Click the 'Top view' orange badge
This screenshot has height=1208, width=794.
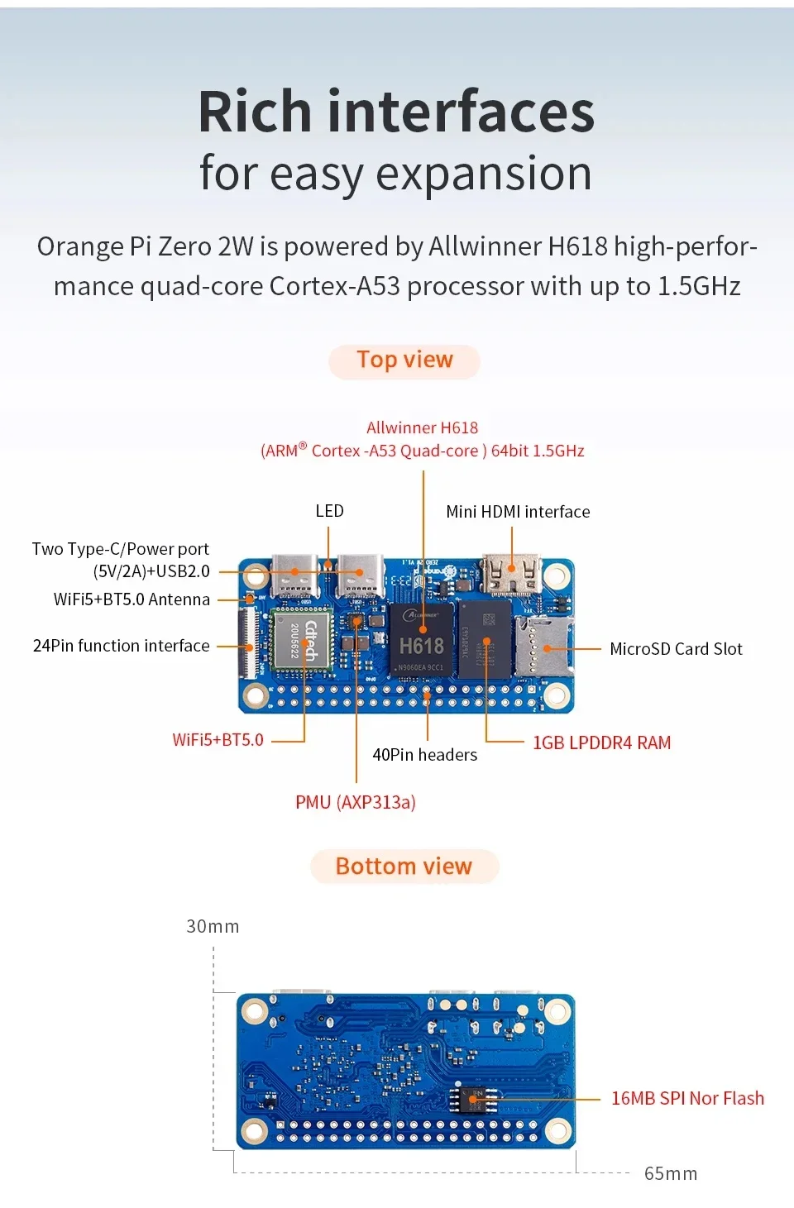(404, 360)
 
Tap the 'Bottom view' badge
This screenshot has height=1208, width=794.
(404, 867)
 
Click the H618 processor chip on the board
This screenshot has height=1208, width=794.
(421, 640)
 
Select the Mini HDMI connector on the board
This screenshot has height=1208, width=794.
(512, 573)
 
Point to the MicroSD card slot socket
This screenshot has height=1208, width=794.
(543, 646)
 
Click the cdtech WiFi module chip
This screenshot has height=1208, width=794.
(302, 640)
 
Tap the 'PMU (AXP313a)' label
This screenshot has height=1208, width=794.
(356, 802)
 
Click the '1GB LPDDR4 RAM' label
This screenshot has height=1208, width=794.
(602, 742)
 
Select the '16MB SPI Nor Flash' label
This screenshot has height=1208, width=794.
(688, 1098)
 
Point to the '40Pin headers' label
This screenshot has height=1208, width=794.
(425, 754)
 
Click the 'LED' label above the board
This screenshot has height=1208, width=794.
(329, 511)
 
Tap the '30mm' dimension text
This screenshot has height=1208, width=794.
(213, 927)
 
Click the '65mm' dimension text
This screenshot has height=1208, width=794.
(671, 1173)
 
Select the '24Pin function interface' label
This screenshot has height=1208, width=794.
(122, 646)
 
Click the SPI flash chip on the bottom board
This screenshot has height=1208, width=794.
(471, 1098)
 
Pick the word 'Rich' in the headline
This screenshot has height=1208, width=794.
(255, 112)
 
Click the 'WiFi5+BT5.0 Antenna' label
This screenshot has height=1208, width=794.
(132, 599)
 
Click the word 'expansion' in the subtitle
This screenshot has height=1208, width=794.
(484, 174)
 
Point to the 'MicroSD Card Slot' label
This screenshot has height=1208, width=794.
(677, 649)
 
